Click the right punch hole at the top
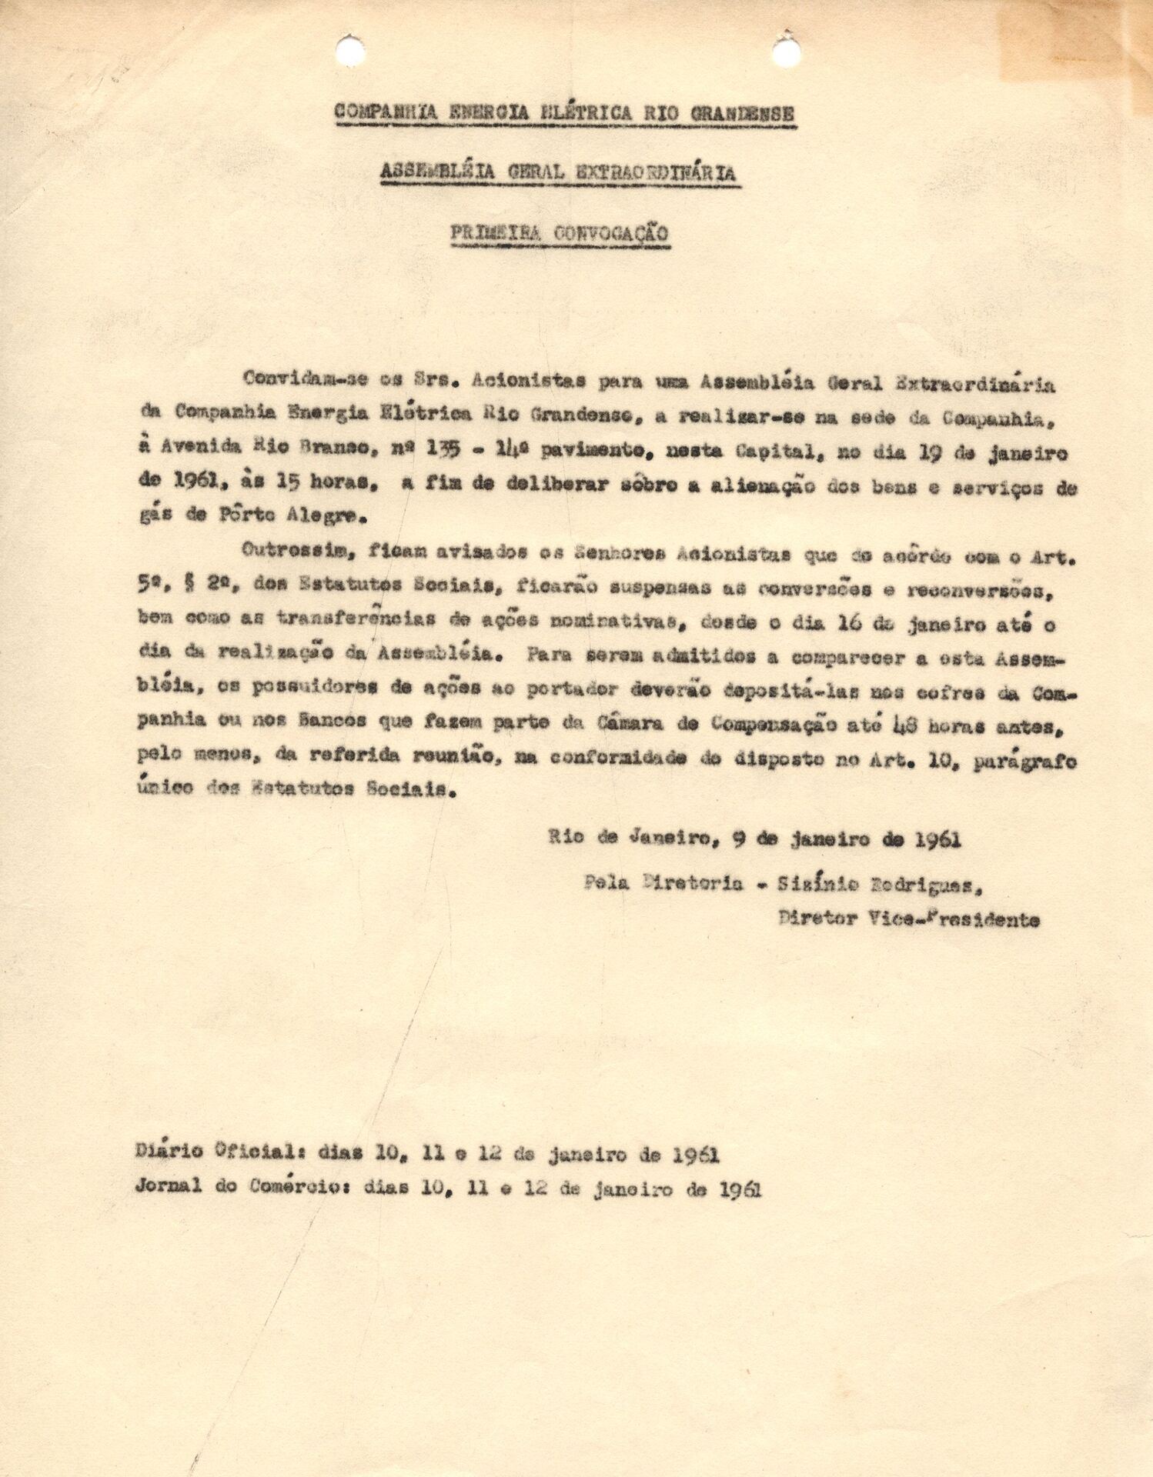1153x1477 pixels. point(786,52)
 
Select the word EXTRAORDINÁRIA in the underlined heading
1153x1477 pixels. point(655,174)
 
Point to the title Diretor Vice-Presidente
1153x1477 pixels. point(908,919)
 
